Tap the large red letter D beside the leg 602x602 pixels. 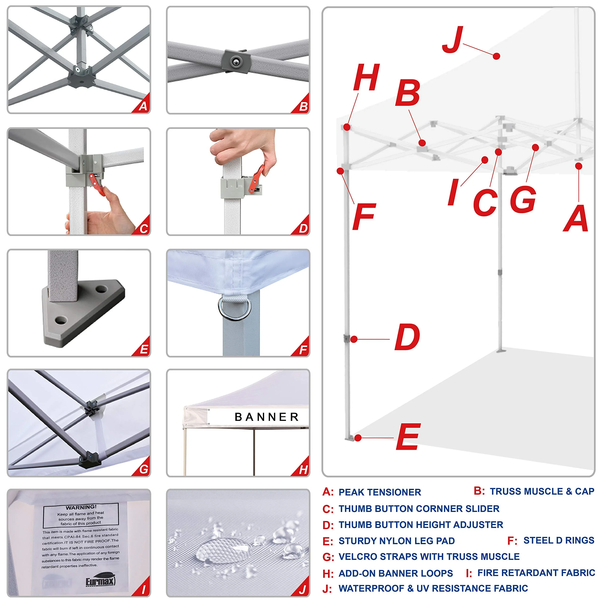pos(407,337)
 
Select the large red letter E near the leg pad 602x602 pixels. pos(408,437)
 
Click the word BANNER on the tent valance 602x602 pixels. pos(267,417)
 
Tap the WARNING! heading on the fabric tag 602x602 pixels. pos(81,507)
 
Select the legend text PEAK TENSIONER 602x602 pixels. pos(380,492)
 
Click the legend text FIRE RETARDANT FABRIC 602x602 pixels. pos(536,573)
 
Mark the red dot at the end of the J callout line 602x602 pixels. pos(496,56)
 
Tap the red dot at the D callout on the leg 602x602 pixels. pos(354,339)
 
